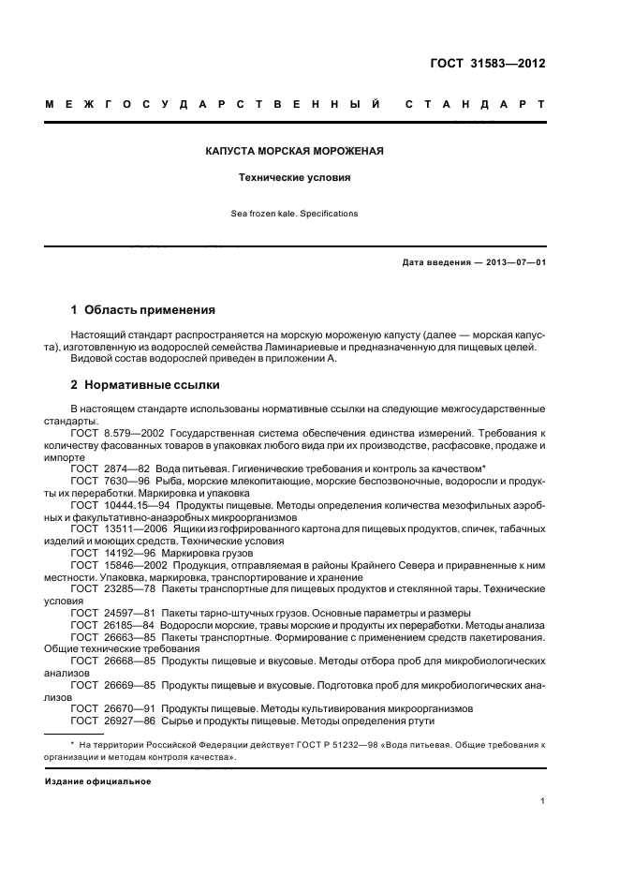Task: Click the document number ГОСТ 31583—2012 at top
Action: tap(483, 65)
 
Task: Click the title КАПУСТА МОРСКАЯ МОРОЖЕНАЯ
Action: tap(294, 151)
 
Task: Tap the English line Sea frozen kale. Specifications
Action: tap(294, 214)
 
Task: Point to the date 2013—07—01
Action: tap(514, 262)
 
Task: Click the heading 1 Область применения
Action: tap(143, 309)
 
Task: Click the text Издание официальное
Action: tap(97, 780)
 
